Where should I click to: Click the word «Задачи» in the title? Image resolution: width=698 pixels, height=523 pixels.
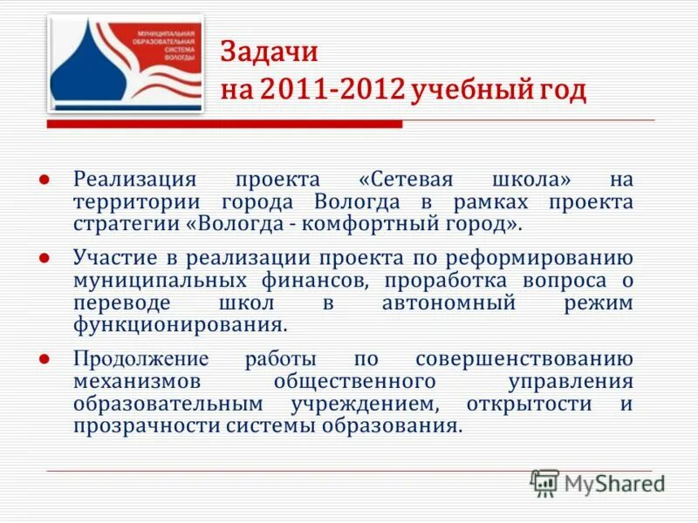pos(269,52)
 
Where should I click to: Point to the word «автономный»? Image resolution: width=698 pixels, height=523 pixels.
pos(448,303)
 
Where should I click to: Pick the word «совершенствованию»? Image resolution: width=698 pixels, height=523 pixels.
pos(523,359)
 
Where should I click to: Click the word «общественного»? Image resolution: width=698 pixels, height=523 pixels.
pos(355,382)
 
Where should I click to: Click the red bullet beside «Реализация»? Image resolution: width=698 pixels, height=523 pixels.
pos(42,179)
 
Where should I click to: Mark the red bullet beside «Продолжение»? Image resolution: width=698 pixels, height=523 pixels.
pos(42,358)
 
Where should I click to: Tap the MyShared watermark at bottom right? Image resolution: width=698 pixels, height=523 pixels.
pos(599,482)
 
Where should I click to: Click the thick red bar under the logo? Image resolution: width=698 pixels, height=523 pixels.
pos(224,126)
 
